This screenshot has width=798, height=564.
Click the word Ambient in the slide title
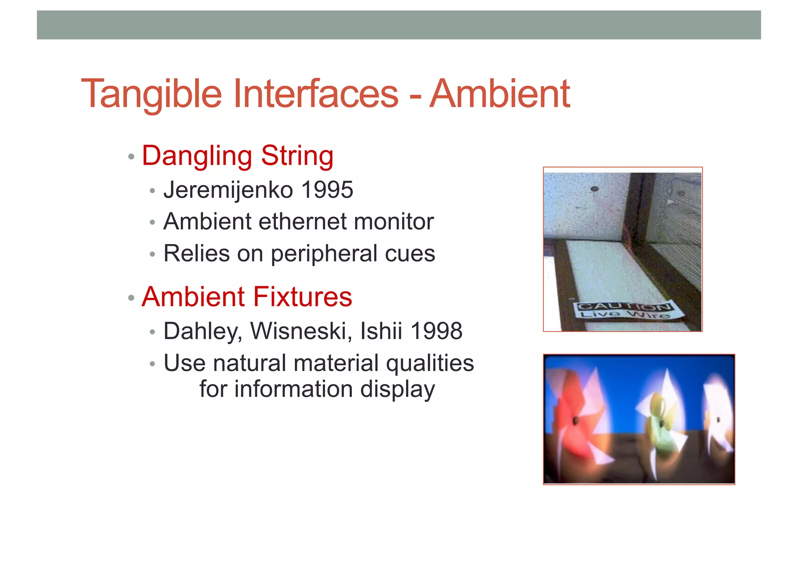click(500, 94)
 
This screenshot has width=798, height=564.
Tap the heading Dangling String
click(238, 156)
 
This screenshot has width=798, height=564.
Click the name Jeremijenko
click(228, 190)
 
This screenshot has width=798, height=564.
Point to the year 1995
click(327, 190)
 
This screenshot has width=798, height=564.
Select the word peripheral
click(324, 254)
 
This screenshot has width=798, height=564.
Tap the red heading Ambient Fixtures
click(247, 297)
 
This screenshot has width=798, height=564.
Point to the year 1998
click(436, 331)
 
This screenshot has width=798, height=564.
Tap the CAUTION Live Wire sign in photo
click(626, 310)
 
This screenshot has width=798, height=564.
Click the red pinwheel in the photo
click(575, 421)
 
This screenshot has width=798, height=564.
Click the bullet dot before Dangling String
click(131, 157)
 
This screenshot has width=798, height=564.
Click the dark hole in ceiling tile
click(594, 189)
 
